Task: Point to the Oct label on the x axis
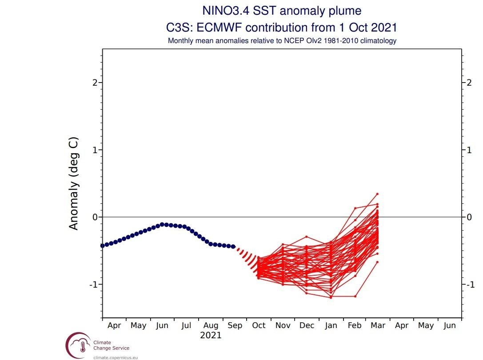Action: [259, 325]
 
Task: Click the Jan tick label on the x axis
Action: [331, 325]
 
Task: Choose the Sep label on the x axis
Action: [235, 325]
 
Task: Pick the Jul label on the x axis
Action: [186, 325]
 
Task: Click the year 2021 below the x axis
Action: [211, 336]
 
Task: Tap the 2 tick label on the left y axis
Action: [95, 83]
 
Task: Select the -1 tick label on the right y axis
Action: [468, 285]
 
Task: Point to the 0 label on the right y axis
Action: [469, 217]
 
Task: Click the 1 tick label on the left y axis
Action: [95, 150]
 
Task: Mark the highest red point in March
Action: [377, 194]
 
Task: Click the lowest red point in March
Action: [377, 262]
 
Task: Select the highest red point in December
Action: [307, 237]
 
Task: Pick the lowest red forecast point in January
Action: [331, 297]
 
